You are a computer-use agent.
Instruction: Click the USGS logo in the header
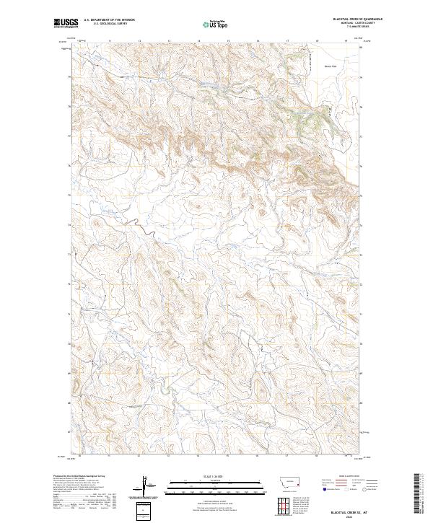click(x=66, y=23)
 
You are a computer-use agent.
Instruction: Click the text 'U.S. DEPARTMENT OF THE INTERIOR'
click(x=110, y=20)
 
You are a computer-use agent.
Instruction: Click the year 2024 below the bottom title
click(x=349, y=517)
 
